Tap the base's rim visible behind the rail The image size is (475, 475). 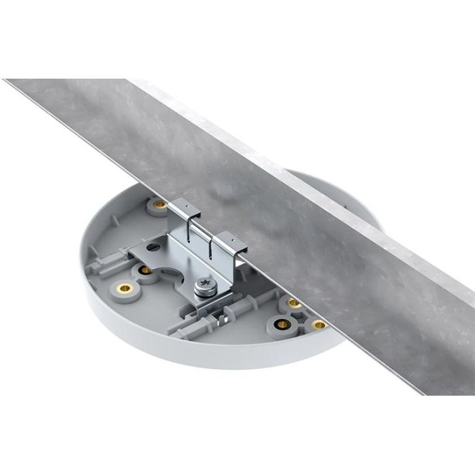[339, 187]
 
